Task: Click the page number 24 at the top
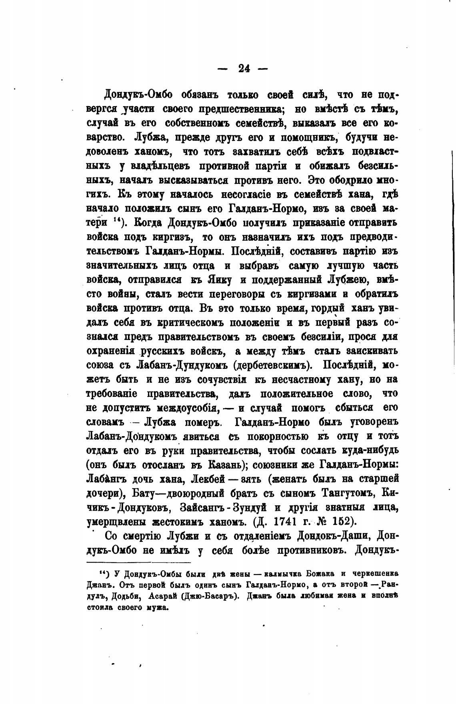(x=244, y=68)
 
